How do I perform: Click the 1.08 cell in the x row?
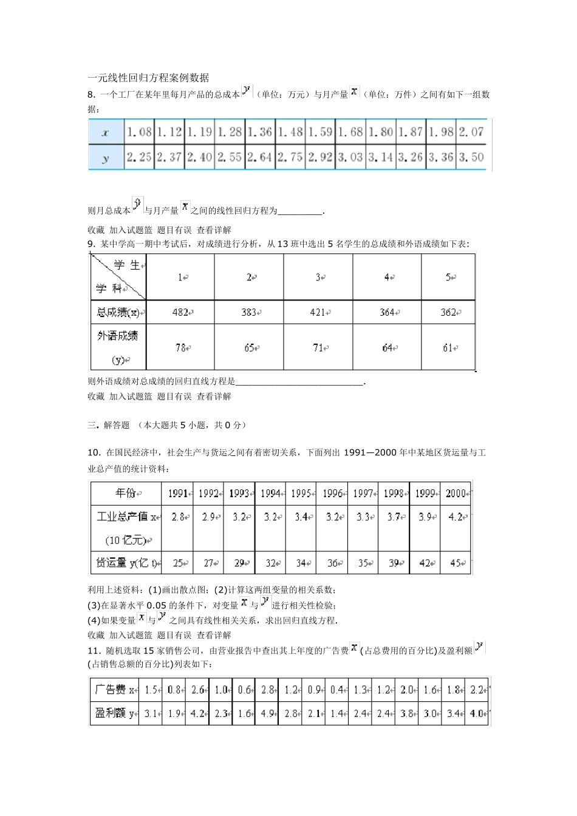coord(139,132)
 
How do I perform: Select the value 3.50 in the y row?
coord(471,157)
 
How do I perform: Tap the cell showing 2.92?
coord(320,157)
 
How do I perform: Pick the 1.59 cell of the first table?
coord(320,132)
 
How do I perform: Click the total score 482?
coord(180,312)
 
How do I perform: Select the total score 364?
coord(387,312)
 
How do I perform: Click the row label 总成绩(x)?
coord(118,312)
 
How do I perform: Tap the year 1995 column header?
coord(301,494)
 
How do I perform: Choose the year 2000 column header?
coord(456,494)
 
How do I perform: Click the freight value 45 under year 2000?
coord(457,563)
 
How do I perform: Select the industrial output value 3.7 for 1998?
coord(394,517)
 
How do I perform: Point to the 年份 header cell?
coord(126,493)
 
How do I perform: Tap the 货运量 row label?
coord(126,563)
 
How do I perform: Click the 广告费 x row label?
coord(114,690)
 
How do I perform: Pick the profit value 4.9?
coord(268,713)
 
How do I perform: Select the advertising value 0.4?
coord(337,690)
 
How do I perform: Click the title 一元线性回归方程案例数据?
coord(148,78)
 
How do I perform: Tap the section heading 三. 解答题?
coord(109,425)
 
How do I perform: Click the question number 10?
coord(94,452)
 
